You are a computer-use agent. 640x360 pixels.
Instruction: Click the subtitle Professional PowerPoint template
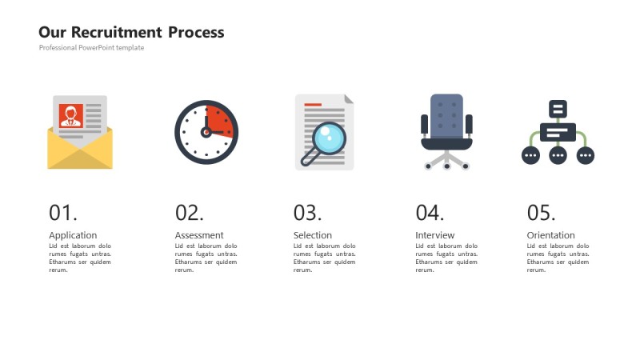coord(91,48)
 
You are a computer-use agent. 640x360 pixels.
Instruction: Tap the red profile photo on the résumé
coord(71,115)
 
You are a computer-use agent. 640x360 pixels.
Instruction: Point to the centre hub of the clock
coord(206,132)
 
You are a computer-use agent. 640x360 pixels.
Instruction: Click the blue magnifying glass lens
coord(329,138)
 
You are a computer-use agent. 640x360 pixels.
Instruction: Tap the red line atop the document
coord(313,105)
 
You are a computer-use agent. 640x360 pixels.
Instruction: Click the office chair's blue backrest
coord(446,116)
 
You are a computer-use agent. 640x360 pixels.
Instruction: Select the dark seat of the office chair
coord(446,144)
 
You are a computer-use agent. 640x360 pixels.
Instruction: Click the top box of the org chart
coord(558,109)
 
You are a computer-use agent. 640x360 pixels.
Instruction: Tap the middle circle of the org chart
coord(558,155)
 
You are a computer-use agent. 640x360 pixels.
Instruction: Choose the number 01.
coord(63,213)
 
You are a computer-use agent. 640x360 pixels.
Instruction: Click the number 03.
coord(307,213)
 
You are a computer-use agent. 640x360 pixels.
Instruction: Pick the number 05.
coord(541,213)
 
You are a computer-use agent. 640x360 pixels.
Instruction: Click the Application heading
coord(73,235)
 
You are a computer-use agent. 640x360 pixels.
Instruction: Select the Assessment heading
coord(199,235)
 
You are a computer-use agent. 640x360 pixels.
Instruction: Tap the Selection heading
coord(313,235)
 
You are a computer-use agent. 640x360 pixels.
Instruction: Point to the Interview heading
coord(434,235)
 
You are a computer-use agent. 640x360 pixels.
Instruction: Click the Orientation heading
coord(550,235)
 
